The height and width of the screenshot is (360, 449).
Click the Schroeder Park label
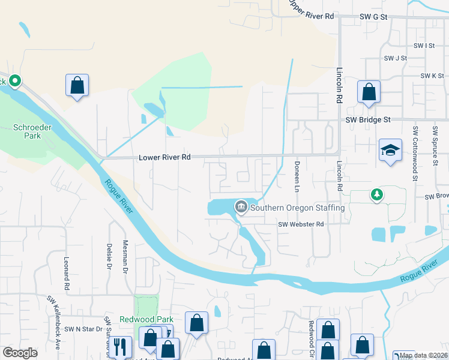point(28,131)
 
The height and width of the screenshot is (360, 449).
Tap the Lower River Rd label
point(164,157)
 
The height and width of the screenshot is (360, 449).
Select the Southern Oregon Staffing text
point(297,208)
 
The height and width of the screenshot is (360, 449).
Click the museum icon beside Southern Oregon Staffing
point(241,208)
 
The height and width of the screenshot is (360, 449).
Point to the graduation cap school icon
point(390,151)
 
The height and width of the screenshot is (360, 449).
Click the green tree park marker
point(376,194)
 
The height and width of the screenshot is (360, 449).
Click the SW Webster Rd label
point(301,224)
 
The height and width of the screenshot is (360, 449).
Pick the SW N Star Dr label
point(84,329)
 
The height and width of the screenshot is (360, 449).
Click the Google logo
point(20,353)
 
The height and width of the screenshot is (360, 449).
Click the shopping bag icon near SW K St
point(369,92)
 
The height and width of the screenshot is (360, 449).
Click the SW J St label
point(396,58)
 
